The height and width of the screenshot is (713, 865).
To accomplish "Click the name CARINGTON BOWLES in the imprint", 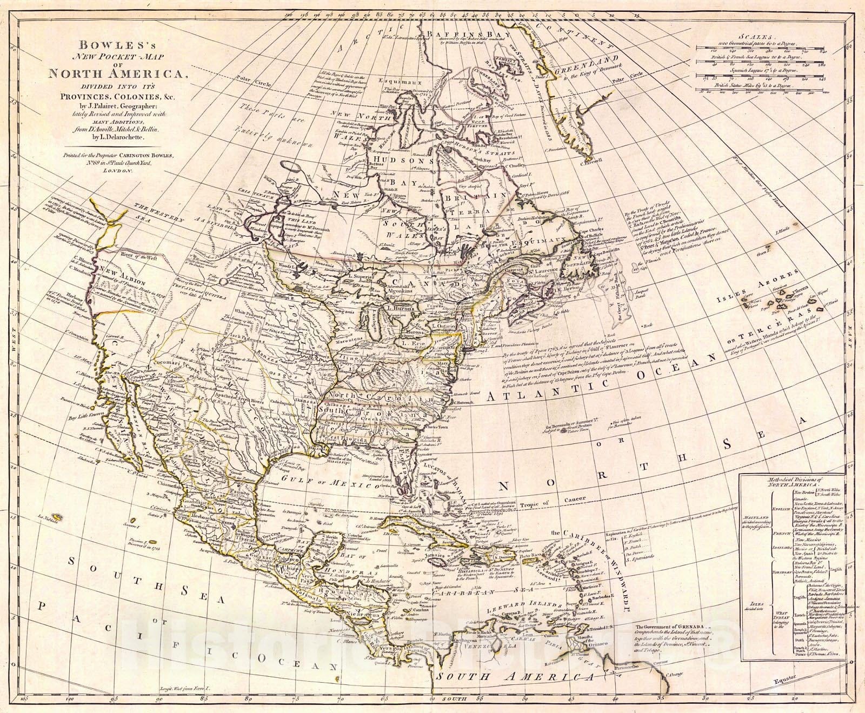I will point(152,155).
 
